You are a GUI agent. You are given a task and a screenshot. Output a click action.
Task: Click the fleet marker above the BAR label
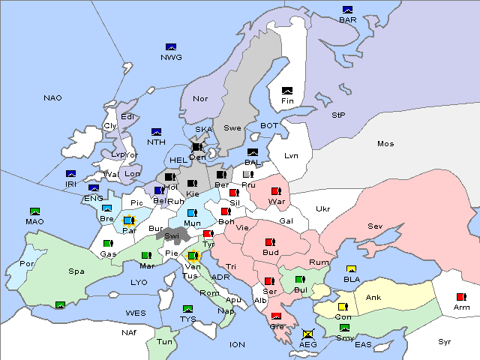tap(347, 10)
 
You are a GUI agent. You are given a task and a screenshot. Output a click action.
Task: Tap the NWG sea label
tap(171, 57)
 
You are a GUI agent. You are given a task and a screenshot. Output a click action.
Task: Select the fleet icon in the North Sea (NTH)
tap(157, 132)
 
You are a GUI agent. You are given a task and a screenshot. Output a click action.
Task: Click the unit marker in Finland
tap(287, 91)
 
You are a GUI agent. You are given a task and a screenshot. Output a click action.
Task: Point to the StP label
tap(338, 115)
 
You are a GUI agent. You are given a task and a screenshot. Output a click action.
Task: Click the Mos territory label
tap(385, 143)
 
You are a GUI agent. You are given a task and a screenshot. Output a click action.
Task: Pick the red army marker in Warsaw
tap(276, 192)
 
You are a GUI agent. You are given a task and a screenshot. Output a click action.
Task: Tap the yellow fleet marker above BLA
tap(350, 269)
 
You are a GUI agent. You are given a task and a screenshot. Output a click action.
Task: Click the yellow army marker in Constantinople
tap(343, 307)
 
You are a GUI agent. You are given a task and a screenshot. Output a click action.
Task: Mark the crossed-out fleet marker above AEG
tap(307, 334)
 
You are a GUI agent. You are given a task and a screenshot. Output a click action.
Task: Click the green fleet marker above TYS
tap(187, 309)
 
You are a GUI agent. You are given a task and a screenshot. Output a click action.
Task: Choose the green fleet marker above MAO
tap(34, 212)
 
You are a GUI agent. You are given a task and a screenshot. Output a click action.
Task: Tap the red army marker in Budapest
tap(270, 242)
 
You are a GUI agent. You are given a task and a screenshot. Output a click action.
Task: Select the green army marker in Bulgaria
tap(300, 280)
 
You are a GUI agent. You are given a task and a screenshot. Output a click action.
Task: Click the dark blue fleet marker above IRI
tap(71, 174)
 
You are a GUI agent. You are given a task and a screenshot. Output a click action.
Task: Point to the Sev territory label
tap(375, 226)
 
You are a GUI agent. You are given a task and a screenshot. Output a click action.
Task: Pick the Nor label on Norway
tap(200, 98)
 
